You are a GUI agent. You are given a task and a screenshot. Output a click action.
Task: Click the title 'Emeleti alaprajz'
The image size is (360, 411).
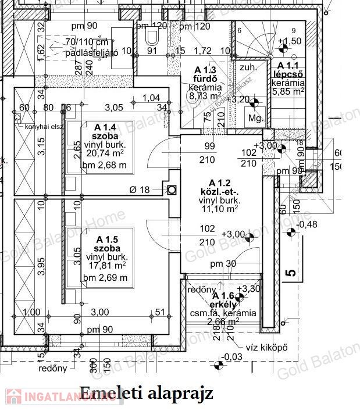(x=146, y=393)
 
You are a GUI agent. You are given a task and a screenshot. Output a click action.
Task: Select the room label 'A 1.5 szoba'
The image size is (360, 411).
(x=107, y=244)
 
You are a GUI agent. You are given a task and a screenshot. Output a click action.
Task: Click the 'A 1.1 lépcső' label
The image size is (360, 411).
(x=288, y=70)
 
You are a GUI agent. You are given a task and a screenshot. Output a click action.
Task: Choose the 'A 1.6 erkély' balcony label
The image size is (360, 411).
(x=222, y=300)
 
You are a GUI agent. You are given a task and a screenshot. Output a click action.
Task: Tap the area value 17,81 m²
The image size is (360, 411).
(x=107, y=266)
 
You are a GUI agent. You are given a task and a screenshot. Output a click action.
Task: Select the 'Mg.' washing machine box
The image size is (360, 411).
(x=254, y=118)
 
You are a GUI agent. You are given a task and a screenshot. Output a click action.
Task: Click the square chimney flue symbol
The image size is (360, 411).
(x=172, y=190)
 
